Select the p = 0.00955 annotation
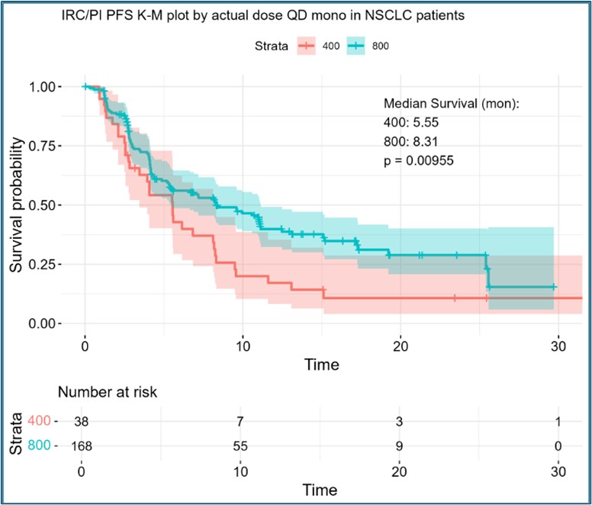[428, 160]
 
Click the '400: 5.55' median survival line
[412, 122]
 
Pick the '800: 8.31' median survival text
[412, 141]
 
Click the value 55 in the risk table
[240, 446]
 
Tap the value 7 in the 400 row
[240, 420]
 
